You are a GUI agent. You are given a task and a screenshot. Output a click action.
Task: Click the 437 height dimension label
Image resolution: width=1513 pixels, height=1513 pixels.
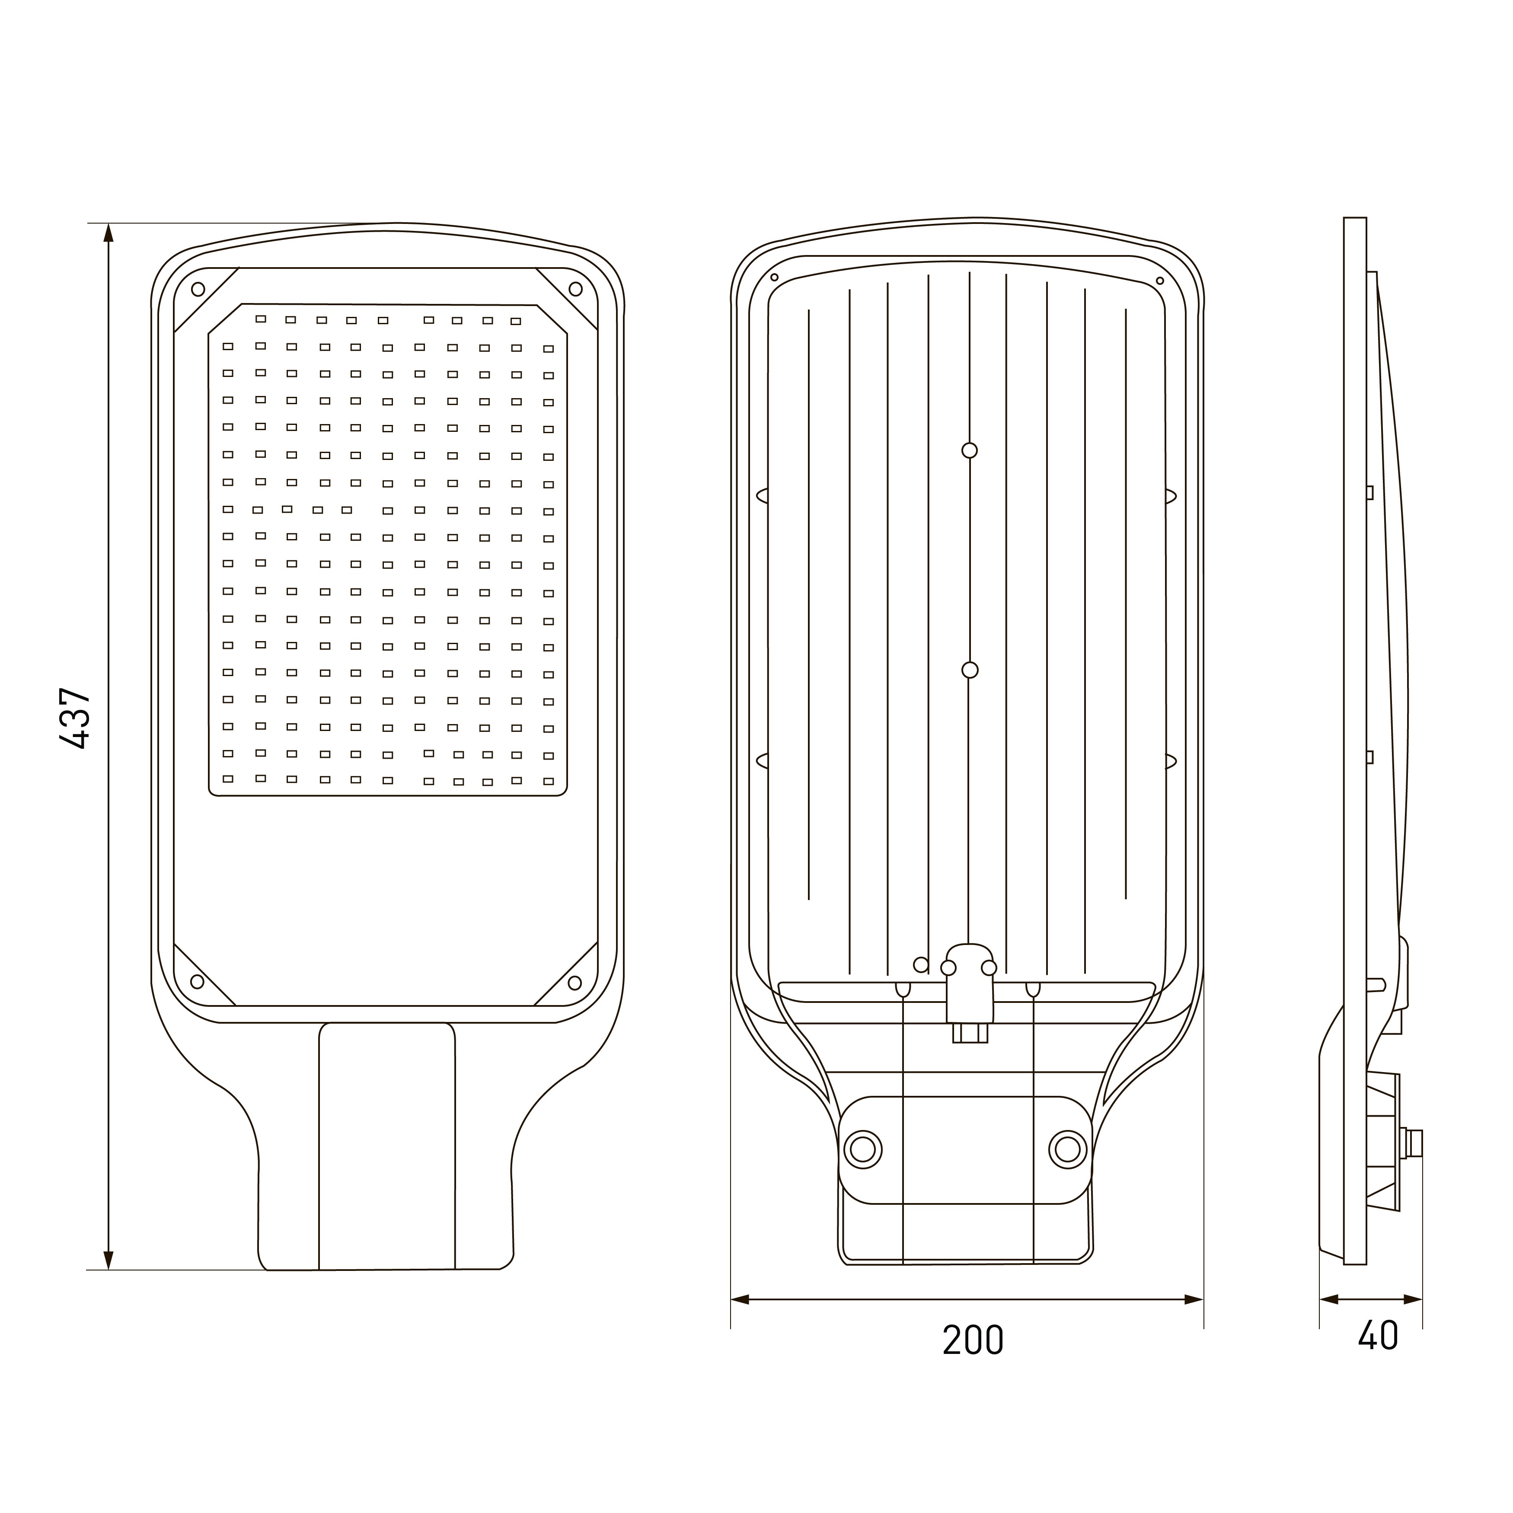76,718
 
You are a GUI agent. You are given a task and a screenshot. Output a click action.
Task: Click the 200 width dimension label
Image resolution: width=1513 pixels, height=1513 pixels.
973,1340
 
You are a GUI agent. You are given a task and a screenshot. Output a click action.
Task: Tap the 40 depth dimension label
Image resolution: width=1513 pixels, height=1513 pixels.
1378,1335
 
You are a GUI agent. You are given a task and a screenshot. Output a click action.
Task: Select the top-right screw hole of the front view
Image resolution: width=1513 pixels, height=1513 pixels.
576,289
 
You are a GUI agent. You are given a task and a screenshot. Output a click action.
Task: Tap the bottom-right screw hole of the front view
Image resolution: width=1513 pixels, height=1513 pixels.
575,983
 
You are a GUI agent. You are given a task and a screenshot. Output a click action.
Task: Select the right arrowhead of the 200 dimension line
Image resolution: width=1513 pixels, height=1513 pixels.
1194,1300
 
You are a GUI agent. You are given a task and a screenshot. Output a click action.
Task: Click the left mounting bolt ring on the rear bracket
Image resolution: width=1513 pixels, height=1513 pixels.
862,1149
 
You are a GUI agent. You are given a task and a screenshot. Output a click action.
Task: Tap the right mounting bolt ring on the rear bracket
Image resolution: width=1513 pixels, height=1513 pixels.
1067,1149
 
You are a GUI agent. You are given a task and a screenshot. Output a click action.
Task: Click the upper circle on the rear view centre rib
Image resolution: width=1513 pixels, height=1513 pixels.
970,450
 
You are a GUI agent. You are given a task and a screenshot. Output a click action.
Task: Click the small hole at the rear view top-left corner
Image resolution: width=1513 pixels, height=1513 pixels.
775,277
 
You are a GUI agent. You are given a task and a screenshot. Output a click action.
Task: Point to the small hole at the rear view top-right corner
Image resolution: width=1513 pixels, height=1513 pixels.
1160,281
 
